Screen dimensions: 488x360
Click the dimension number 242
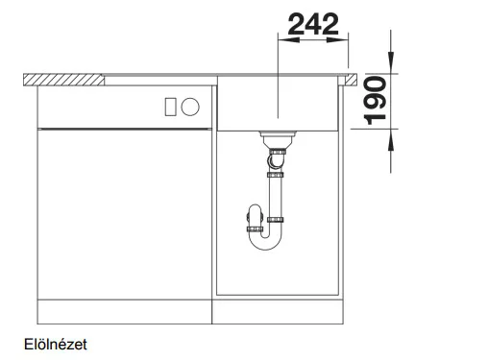[x=313, y=24]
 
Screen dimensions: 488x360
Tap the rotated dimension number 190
[x=375, y=100]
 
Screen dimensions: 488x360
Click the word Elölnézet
[x=56, y=345]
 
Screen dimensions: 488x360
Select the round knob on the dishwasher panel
[x=190, y=107]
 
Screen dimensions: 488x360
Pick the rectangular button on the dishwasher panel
[x=170, y=107]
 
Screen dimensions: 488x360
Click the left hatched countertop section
[x=63, y=80]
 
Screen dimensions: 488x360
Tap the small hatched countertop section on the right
[x=350, y=80]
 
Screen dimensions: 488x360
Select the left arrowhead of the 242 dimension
[x=289, y=40]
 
